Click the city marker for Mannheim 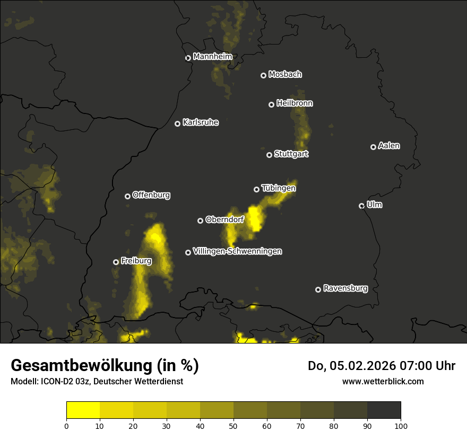point(188,58)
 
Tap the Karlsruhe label point(201,122)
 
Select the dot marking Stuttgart point(270,155)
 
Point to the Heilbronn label point(295,103)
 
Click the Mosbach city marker point(263,75)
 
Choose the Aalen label point(389,146)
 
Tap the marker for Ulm point(362,206)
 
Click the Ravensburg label point(345,288)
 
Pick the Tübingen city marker point(257,189)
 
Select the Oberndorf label point(224,219)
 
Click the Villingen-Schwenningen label point(237,251)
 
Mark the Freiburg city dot point(116,262)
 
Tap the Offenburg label point(151,195)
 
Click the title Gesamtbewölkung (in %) point(105,366)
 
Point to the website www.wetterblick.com point(383,381)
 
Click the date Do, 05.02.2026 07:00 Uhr point(382,366)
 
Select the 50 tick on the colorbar point(233,425)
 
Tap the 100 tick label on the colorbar point(401,425)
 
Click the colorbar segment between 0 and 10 point(83,410)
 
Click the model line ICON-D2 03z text point(97,382)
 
